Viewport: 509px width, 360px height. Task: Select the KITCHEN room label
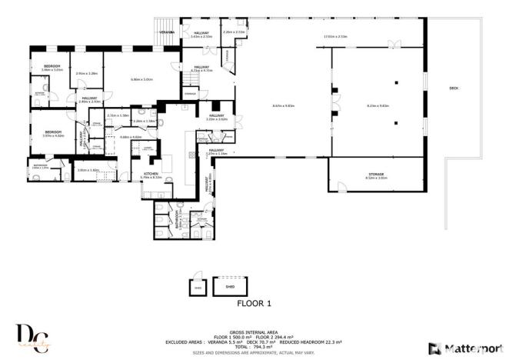point(151,175)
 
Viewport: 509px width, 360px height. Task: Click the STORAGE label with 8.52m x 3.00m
point(377,175)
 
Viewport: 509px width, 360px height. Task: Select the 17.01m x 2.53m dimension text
point(335,37)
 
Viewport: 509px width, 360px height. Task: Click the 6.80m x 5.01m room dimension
point(142,79)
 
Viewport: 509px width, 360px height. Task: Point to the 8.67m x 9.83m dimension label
point(284,105)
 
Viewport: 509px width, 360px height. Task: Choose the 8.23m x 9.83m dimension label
point(378,105)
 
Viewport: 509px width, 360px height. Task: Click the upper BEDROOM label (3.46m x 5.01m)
point(52,68)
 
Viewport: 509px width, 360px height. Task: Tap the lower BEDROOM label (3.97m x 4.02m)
point(52,133)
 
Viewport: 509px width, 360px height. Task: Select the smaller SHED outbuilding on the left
point(198,287)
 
